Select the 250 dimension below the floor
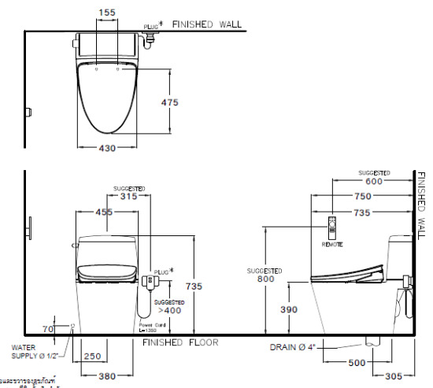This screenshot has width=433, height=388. [x=92, y=357]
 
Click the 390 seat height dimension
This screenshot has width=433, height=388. [x=289, y=310]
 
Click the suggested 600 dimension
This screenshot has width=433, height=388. [x=374, y=180]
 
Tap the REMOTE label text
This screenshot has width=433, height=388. [x=332, y=245]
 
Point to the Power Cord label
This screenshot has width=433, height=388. [x=150, y=323]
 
